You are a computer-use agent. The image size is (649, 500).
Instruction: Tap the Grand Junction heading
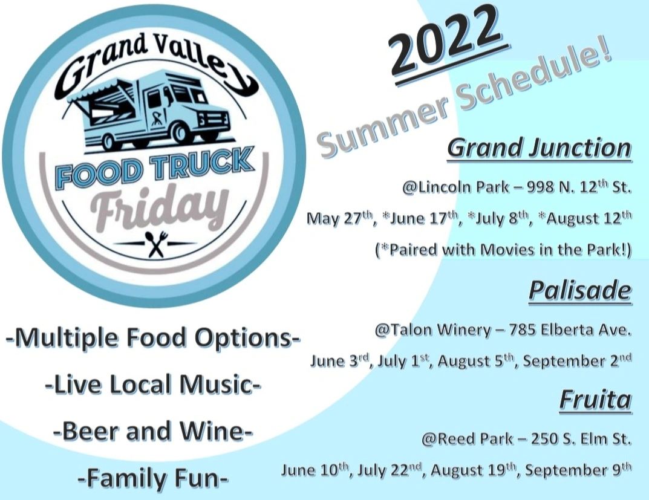[x=539, y=148]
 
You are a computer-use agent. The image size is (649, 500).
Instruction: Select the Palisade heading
[x=580, y=291]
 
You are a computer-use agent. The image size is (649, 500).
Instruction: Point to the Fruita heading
[x=596, y=400]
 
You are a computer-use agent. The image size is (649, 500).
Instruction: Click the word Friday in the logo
[x=160, y=207]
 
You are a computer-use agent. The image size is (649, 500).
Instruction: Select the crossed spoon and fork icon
[x=156, y=244]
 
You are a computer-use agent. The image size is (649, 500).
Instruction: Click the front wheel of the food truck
[x=180, y=132]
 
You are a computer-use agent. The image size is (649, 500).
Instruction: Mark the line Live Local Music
[x=153, y=385]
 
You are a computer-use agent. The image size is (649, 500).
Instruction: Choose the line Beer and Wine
[x=153, y=431]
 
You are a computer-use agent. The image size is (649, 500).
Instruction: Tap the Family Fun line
[x=153, y=478]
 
